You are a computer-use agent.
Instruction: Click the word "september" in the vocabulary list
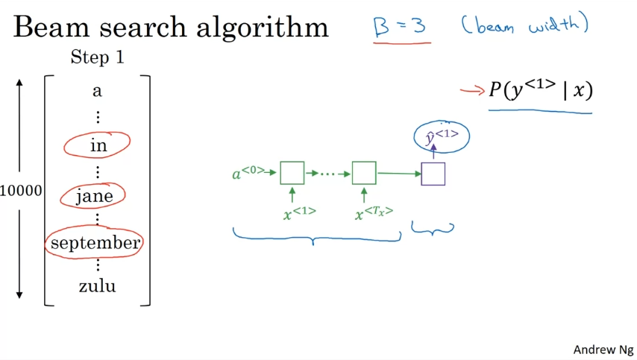click(x=95, y=243)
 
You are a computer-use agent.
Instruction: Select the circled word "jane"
click(x=95, y=196)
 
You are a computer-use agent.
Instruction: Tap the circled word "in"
click(x=98, y=145)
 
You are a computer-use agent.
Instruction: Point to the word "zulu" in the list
click(x=97, y=285)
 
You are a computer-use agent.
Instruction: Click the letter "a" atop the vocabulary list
click(x=97, y=92)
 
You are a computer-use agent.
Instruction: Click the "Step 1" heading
click(x=97, y=57)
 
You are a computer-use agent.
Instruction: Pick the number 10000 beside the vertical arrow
click(x=21, y=191)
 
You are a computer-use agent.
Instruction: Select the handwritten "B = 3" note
click(x=400, y=26)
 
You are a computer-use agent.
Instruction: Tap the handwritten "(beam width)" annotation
click(x=524, y=25)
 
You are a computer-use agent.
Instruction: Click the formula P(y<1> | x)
click(x=541, y=91)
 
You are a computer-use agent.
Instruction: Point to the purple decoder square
click(x=433, y=174)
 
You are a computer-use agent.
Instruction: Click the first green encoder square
click(x=292, y=173)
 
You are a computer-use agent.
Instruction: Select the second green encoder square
click(x=364, y=173)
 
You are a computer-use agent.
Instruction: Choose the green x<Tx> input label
click(x=373, y=213)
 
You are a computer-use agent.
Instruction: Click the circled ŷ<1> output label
click(x=442, y=136)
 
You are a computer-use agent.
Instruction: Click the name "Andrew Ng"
click(x=603, y=349)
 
